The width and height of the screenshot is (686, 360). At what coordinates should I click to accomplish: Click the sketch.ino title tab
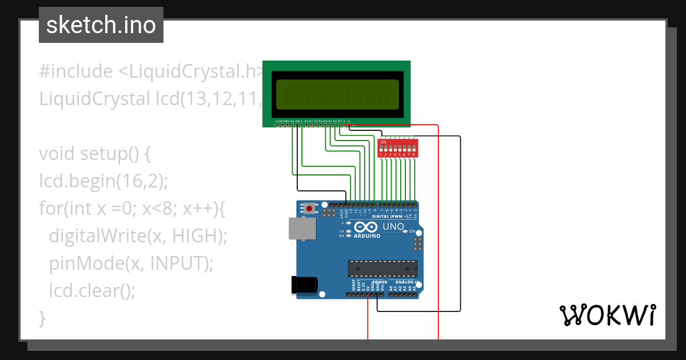click(101, 25)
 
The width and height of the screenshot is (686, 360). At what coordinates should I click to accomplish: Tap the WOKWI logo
click(607, 315)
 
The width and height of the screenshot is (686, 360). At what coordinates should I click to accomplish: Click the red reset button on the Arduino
click(309, 209)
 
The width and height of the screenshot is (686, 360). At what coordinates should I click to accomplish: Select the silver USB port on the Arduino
click(302, 228)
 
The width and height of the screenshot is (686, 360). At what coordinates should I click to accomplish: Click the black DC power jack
click(304, 285)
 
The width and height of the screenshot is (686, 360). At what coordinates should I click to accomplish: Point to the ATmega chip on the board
click(382, 269)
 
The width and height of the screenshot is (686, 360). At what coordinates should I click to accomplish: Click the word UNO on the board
click(393, 227)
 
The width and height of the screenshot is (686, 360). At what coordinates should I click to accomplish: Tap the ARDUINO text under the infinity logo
click(367, 235)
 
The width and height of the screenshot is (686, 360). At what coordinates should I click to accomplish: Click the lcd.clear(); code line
click(92, 290)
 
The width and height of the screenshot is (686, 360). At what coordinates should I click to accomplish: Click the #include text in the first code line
click(76, 71)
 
